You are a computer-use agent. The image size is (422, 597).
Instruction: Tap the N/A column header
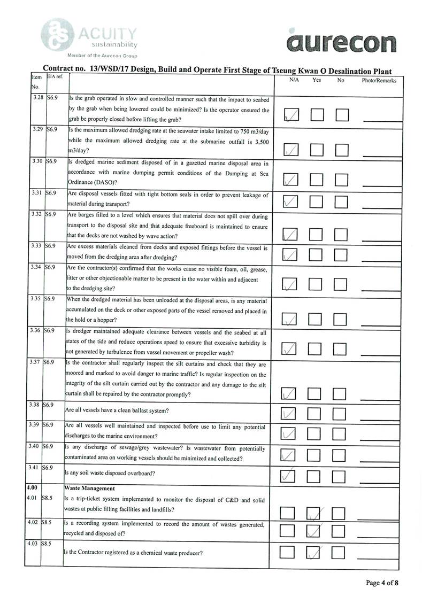[x=294, y=80]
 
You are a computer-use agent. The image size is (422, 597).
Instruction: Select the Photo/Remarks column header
[x=379, y=81]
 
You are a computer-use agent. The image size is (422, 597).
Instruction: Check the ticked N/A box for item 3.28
[x=291, y=115]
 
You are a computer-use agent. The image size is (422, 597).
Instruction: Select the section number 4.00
[x=33, y=488]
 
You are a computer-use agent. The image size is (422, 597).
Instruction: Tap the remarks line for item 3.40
[x=381, y=460]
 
